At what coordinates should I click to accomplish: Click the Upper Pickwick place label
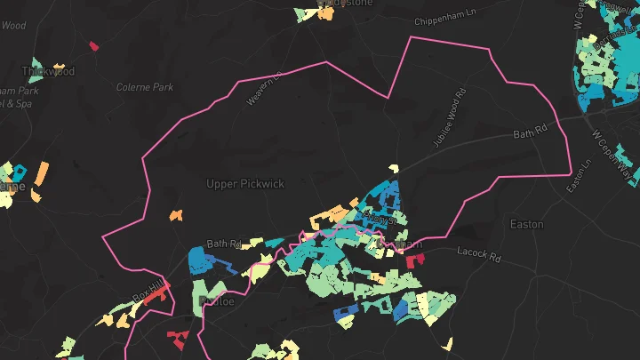point(244,184)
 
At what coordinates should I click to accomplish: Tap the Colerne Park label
point(144,87)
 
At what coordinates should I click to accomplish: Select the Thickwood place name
point(48,71)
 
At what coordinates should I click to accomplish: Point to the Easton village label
point(526,224)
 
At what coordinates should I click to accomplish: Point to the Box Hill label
point(148,289)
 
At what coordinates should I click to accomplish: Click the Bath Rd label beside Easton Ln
point(533,135)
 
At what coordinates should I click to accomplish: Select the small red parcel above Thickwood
point(93,45)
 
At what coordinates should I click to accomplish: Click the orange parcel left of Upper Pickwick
point(176,214)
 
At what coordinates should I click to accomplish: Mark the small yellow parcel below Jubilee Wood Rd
point(393,169)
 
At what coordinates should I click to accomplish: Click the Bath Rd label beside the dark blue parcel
point(224,244)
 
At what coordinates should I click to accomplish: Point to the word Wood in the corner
point(13,26)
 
